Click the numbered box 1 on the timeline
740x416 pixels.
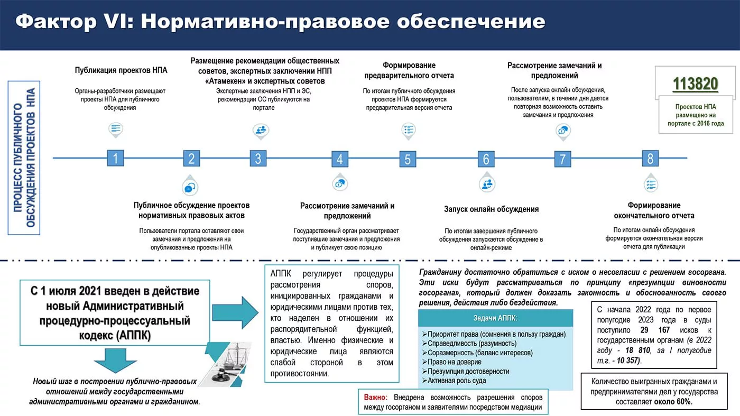(x=115, y=158)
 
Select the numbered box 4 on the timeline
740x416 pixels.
(x=340, y=159)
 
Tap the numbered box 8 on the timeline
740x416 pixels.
(x=650, y=158)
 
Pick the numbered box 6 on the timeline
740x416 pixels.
(x=486, y=159)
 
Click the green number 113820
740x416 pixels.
(x=695, y=84)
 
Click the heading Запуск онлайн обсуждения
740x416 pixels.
(x=491, y=209)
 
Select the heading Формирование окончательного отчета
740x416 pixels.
(x=654, y=210)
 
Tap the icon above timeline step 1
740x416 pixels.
(x=116, y=128)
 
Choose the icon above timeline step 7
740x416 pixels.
(x=563, y=130)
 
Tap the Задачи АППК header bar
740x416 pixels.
(x=495, y=318)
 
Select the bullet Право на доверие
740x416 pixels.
(x=455, y=362)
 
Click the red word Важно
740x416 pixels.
(x=376, y=397)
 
